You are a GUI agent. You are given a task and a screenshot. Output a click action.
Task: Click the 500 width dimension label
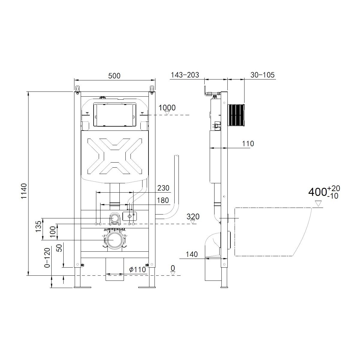[114, 76]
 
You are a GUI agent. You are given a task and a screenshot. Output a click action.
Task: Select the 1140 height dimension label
[24, 191]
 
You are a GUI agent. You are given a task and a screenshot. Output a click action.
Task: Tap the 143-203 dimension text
[185, 75]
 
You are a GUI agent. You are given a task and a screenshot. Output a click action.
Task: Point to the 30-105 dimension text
[262, 75]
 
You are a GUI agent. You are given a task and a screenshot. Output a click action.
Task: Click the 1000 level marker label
[167, 108]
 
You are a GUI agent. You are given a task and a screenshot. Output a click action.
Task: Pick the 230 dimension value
[163, 188]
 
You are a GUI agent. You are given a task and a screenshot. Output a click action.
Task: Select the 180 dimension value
[163, 200]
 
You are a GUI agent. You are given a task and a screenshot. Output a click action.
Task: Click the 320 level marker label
[193, 217]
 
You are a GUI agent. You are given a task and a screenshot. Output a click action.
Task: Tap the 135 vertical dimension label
[38, 226]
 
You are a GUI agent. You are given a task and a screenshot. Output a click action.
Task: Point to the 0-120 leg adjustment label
[47, 258]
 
